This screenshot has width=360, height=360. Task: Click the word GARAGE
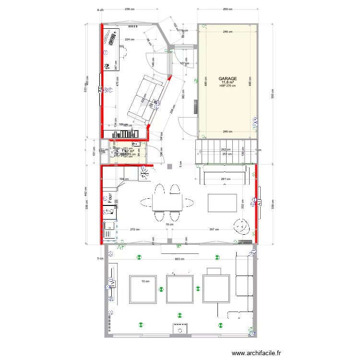[228, 78]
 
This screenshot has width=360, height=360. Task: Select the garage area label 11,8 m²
[228, 82]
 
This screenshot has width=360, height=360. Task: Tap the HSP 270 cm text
[228, 86]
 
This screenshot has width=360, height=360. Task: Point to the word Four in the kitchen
[110, 198]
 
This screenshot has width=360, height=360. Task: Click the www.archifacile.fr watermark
[256, 353]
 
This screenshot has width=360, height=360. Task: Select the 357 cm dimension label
[215, 229]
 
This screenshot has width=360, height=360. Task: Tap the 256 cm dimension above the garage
[228, 10]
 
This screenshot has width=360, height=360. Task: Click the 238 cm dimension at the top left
[129, 10]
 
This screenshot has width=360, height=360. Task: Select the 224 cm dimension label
[129, 39]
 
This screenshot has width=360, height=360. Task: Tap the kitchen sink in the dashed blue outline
[109, 229]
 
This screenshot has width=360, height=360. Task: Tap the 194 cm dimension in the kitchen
[122, 180]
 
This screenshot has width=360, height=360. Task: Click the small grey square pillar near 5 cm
[169, 167]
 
